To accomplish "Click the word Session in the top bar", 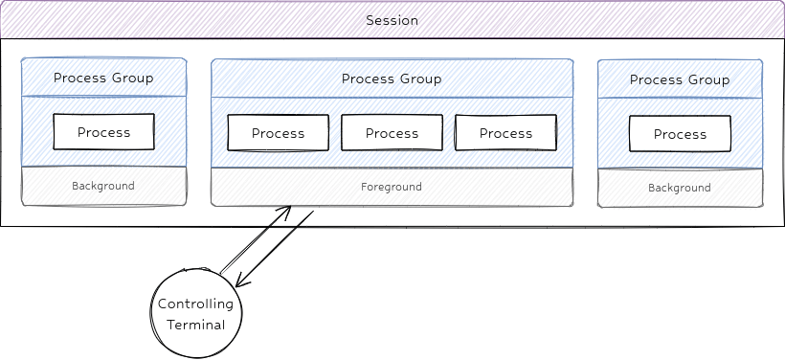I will [392, 20].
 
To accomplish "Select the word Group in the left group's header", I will [133, 78].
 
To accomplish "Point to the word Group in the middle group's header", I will [421, 79].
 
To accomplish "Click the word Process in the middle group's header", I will [368, 79].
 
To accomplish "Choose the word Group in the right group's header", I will [709, 79].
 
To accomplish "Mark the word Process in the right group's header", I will [656, 79].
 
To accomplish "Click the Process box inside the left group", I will [103, 132].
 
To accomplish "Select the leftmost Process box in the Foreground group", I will [278, 133].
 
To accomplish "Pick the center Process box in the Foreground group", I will [392, 133].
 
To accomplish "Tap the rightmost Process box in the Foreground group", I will [505, 133].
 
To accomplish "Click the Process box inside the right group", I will [680, 134].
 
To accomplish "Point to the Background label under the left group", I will [103, 186].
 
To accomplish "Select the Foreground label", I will [392, 187].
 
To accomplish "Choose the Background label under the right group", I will [680, 188].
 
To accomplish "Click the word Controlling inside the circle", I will [196, 304].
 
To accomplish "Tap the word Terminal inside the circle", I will [196, 325].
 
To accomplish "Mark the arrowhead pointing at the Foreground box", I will [286, 208].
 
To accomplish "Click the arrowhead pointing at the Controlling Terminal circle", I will [238, 284].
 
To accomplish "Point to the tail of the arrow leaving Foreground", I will [312, 213].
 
